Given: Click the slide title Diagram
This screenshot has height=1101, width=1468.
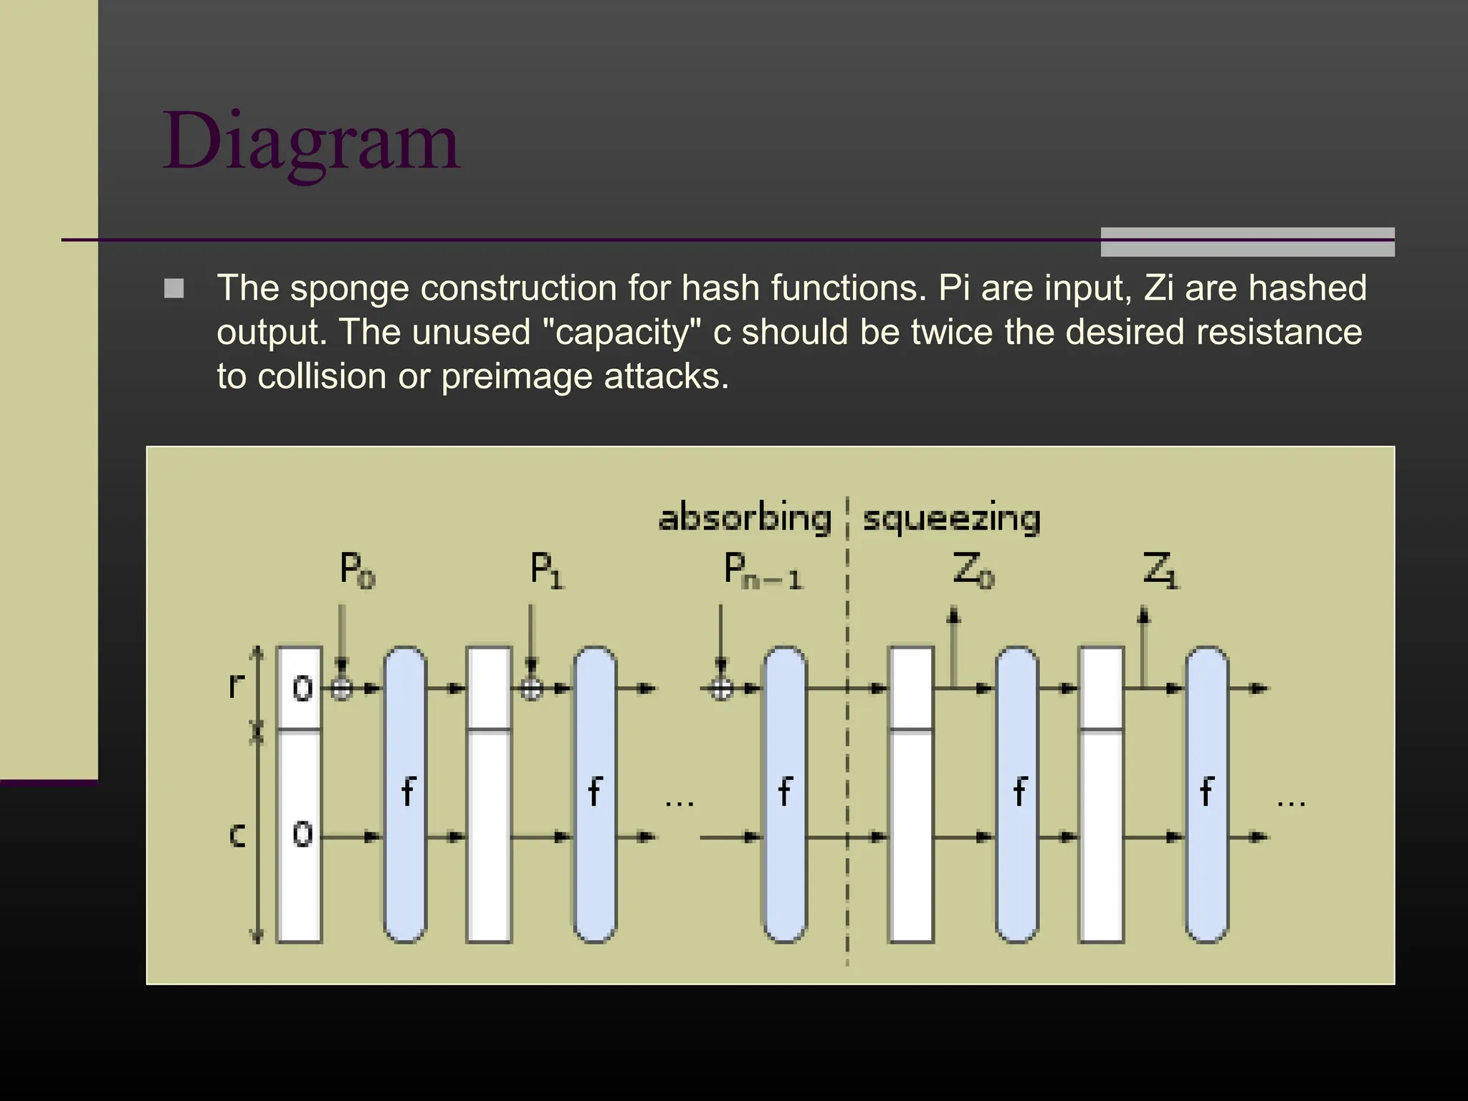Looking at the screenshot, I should click(x=311, y=141).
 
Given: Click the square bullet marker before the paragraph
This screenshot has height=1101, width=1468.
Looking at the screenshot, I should click(x=174, y=289).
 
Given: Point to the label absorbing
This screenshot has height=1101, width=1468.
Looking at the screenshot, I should click(x=744, y=518).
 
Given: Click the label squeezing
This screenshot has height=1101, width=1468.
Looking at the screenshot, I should click(x=951, y=518).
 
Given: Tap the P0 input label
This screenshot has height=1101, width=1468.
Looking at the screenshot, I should click(x=356, y=571).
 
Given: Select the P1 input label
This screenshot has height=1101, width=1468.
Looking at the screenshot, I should click(x=546, y=571).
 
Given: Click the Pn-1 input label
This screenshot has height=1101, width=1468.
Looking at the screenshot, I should click(x=762, y=571).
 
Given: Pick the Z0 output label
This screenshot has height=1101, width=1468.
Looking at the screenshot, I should click(x=973, y=571).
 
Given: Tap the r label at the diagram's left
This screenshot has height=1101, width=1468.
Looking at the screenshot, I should click(x=236, y=685).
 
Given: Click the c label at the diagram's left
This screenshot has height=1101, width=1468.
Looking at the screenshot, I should click(x=237, y=835).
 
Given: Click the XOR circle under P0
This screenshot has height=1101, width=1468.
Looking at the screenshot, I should click(x=342, y=689).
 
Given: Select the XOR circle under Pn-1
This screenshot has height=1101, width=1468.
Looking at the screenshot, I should click(x=721, y=689).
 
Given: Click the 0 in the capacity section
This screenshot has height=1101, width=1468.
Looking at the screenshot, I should click(x=302, y=834).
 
